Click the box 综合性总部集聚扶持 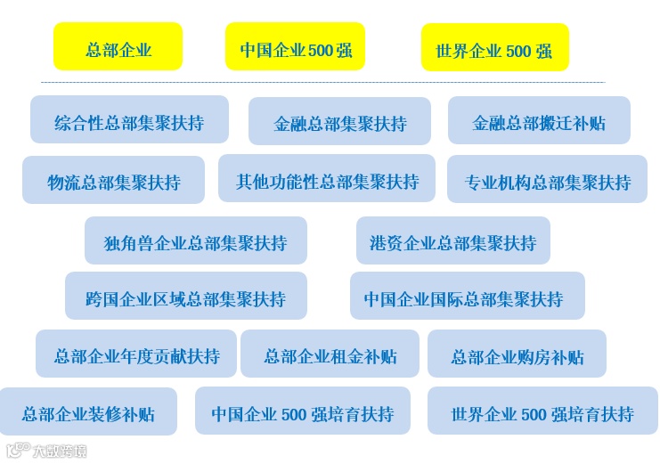[x=129, y=120]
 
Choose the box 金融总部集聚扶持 [x=339, y=122]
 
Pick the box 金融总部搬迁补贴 [x=539, y=121]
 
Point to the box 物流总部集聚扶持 [x=113, y=181]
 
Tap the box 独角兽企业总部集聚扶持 [x=195, y=240]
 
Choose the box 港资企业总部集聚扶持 [x=452, y=240]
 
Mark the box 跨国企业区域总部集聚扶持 [x=185, y=297]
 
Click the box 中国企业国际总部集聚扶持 [x=467, y=297]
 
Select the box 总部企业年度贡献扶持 [x=136, y=354]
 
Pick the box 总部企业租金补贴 [x=330, y=354]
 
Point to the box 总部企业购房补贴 [x=517, y=354]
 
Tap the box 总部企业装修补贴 [x=88, y=412]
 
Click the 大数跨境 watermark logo [x=47, y=451]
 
